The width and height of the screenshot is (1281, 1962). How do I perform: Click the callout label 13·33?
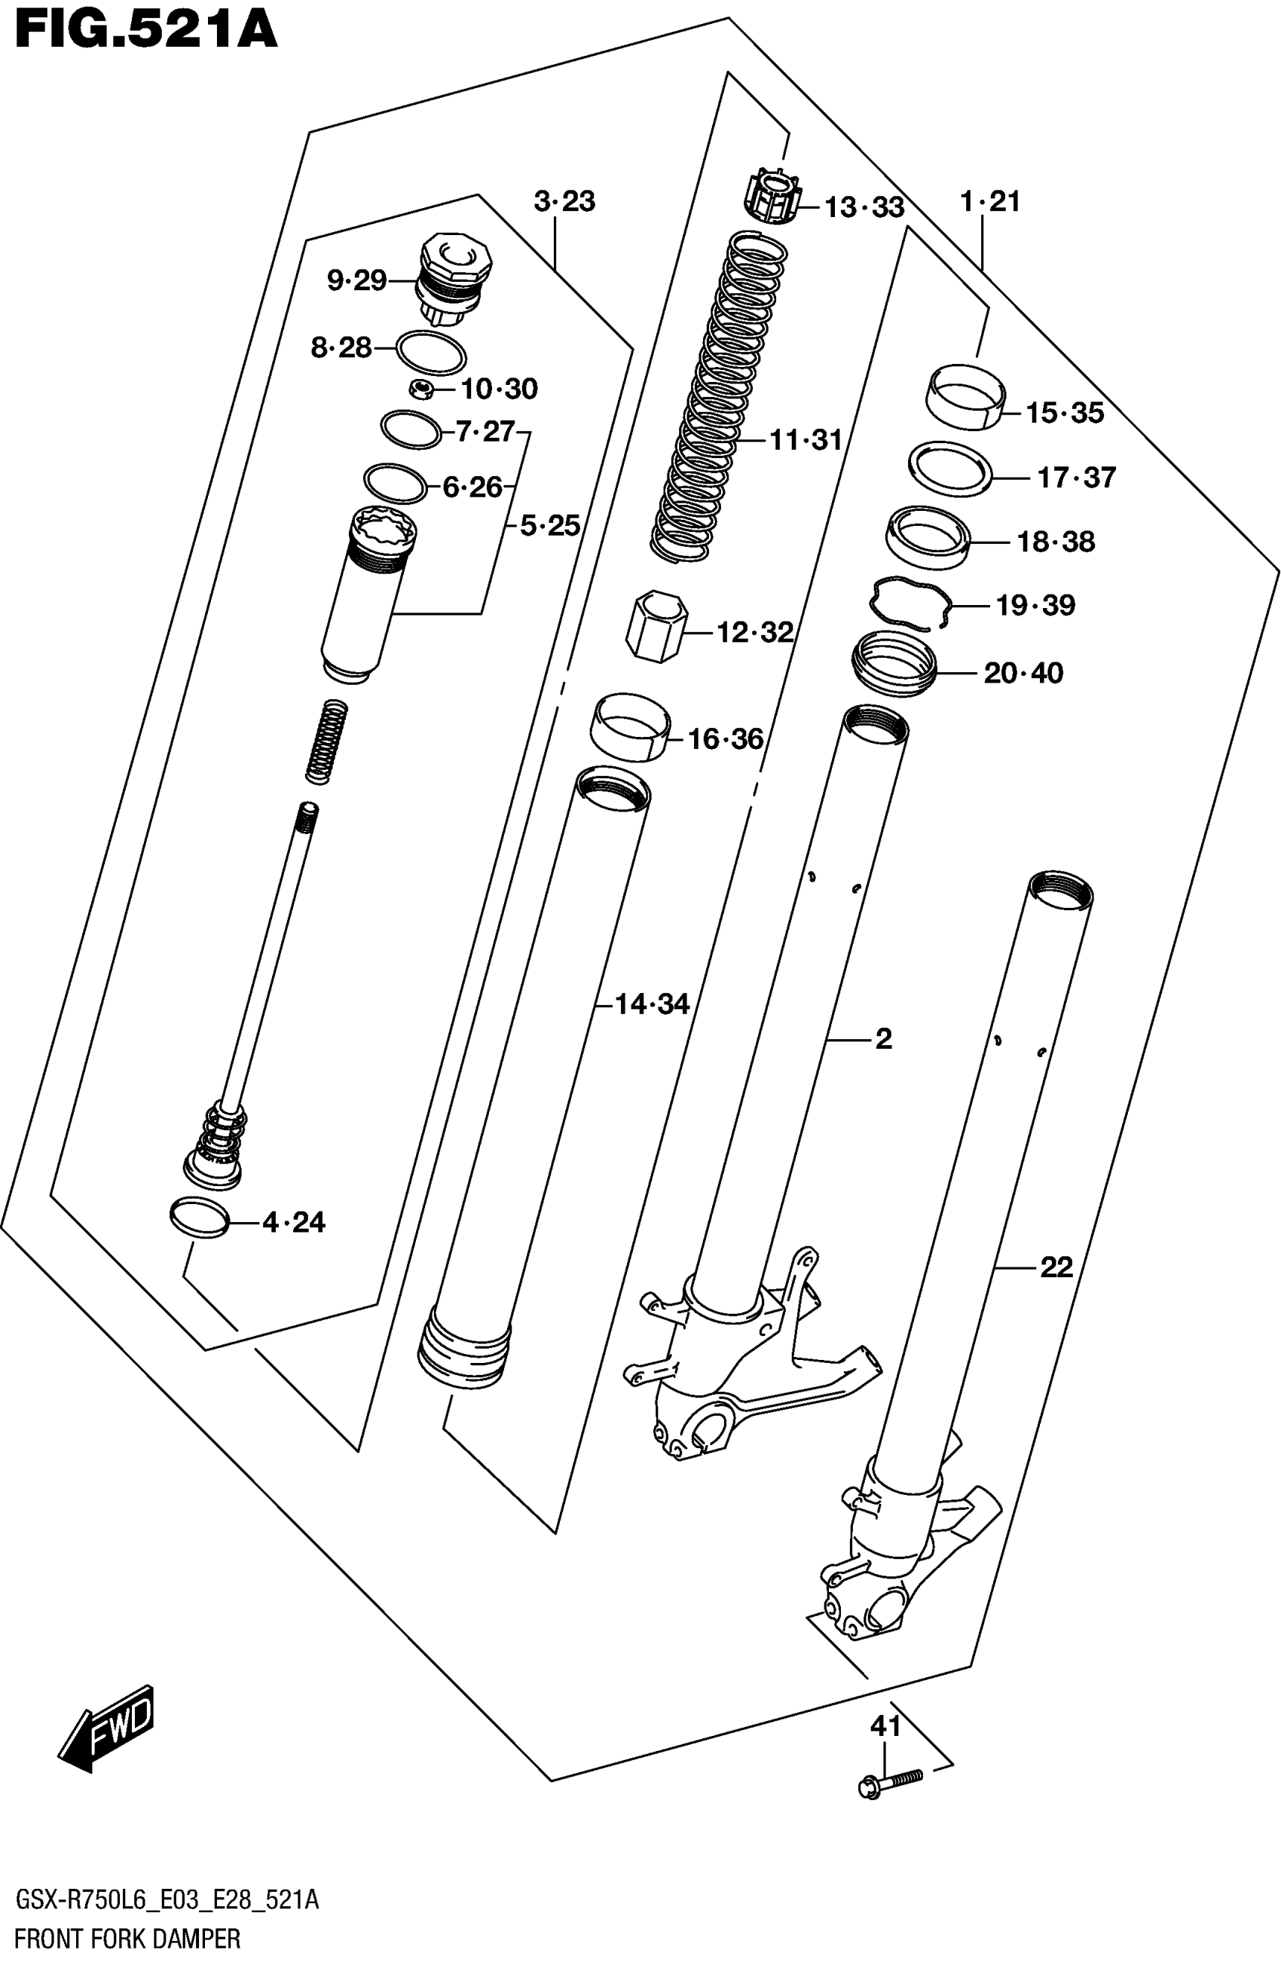864,207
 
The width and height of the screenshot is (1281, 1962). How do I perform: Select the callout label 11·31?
806,440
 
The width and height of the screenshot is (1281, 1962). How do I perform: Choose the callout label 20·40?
1023,673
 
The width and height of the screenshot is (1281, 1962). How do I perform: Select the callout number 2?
884,1039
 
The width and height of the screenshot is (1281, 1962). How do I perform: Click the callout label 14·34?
652,1004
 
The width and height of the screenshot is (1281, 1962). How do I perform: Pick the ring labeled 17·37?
949,468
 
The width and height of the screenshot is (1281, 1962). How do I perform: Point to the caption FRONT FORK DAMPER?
128,1939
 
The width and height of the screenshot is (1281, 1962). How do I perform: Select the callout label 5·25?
550,525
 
